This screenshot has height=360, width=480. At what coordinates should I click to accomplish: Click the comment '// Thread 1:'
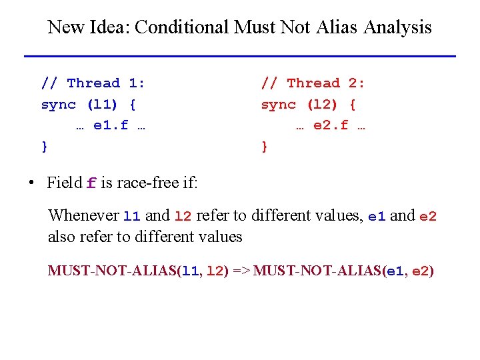tap(93, 83)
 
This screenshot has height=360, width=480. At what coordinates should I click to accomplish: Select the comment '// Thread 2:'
tap(313, 83)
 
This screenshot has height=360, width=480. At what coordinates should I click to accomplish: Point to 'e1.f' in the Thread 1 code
tap(111, 125)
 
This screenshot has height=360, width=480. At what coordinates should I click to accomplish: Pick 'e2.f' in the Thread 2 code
tap(331, 125)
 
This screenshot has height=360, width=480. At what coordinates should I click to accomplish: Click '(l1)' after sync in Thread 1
tap(103, 104)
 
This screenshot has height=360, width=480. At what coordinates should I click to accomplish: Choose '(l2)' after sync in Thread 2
tap(323, 104)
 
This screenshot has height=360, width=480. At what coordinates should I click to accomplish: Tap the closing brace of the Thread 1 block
tap(45, 145)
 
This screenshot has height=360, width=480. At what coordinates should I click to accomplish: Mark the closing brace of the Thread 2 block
tap(265, 145)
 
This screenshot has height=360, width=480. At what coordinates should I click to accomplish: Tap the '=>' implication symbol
tap(241, 271)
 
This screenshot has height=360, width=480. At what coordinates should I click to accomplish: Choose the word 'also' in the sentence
tap(61, 237)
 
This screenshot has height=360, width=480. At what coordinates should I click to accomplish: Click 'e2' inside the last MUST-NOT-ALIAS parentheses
tap(421, 271)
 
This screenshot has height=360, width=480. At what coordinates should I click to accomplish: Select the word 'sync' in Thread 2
tap(278, 104)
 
